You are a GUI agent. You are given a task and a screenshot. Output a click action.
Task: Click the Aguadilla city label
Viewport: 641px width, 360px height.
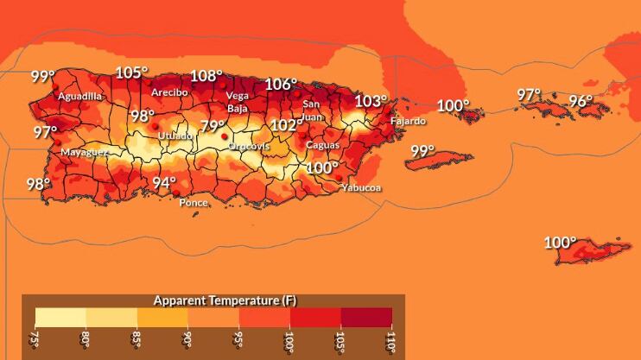click(x=79, y=97)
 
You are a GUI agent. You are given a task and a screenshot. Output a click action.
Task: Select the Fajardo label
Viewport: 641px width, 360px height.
click(x=408, y=121)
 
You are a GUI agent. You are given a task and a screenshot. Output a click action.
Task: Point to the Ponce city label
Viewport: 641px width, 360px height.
click(x=193, y=203)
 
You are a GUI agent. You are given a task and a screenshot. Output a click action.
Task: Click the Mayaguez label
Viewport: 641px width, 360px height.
click(x=84, y=152)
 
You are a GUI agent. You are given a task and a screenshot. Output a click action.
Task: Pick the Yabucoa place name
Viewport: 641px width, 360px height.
click(x=361, y=187)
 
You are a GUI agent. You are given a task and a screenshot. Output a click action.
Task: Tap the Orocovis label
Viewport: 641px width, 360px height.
click(x=249, y=146)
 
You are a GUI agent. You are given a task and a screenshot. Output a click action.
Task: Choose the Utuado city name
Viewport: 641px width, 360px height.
click(x=175, y=136)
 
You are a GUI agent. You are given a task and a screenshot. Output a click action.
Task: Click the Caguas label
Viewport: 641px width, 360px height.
click(x=322, y=145)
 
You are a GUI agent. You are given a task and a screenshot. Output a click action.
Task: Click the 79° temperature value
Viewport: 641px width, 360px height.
click(x=213, y=127)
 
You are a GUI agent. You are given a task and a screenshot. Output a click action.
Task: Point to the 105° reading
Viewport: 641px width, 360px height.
click(x=131, y=73)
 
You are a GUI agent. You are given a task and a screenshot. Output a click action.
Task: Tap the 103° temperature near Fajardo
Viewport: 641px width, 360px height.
click(x=371, y=101)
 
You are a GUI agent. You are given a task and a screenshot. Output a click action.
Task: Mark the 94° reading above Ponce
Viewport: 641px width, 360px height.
click(x=164, y=183)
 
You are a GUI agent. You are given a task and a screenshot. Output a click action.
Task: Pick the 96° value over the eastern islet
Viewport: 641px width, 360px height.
click(x=580, y=101)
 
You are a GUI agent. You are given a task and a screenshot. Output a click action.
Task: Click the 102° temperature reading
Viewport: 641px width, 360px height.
click(x=287, y=125)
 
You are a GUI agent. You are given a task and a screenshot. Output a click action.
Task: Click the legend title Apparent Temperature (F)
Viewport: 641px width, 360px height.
click(x=225, y=300)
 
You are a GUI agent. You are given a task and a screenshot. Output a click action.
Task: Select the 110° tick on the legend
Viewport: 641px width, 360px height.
click(x=390, y=342)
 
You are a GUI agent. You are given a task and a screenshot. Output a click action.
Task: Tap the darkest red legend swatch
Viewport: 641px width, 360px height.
click(x=366, y=317)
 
